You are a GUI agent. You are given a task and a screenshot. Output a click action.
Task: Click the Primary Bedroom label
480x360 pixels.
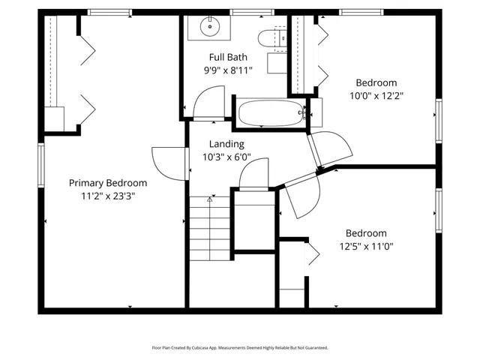pyautogui.click(x=108, y=183)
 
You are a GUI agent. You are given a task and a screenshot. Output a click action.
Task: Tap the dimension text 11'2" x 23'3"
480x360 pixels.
pyautogui.click(x=108, y=196)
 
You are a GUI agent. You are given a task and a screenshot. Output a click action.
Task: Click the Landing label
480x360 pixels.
pyautogui.click(x=226, y=144)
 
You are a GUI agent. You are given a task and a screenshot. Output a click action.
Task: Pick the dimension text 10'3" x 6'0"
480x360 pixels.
pyautogui.click(x=226, y=157)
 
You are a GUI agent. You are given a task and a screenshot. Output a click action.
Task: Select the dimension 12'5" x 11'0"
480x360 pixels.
pyautogui.click(x=365, y=246)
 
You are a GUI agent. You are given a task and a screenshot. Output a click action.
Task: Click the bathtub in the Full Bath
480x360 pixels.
pyautogui.click(x=271, y=114)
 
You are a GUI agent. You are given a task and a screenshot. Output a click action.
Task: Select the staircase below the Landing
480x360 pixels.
pyautogui.click(x=209, y=225)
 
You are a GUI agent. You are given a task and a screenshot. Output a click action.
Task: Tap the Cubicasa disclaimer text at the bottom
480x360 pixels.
pyautogui.click(x=240, y=348)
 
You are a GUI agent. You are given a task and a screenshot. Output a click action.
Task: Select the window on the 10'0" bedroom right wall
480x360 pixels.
pyautogui.click(x=439, y=120)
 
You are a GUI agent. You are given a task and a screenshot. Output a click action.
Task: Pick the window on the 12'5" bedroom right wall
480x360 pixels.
pyautogui.click(x=439, y=211)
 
